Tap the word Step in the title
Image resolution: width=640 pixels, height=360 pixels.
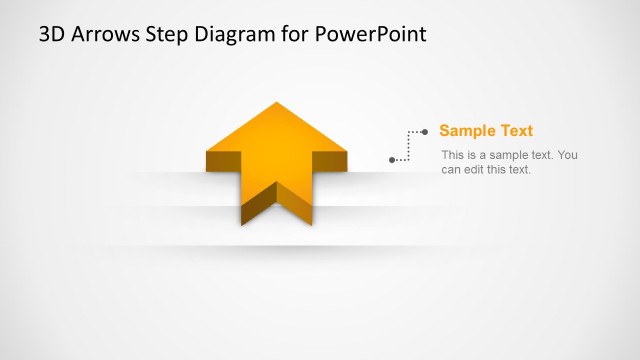(164, 34)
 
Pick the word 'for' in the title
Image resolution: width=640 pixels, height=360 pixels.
(291, 34)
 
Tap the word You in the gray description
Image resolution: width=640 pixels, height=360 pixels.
(567, 155)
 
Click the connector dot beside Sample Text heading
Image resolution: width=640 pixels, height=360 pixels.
(425, 131)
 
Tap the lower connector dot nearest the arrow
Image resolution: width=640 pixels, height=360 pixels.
(392, 159)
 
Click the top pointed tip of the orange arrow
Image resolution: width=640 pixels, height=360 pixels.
(277, 103)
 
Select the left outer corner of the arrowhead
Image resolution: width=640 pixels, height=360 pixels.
(207, 153)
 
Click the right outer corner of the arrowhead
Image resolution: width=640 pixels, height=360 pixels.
(347, 153)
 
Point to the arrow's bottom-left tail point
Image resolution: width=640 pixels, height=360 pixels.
(242, 224)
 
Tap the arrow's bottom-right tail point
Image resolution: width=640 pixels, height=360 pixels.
(312, 224)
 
